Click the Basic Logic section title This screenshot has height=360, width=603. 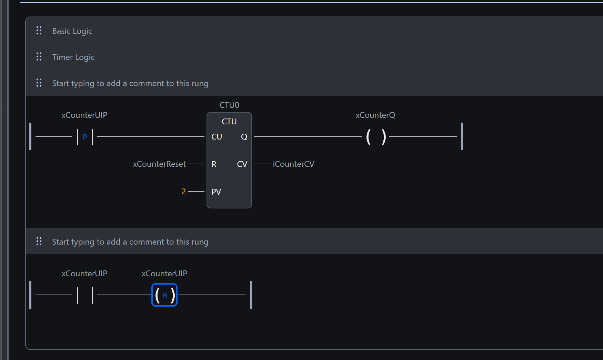pos(72,31)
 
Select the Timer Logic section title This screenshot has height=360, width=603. pos(73,57)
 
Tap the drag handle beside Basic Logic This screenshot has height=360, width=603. pos(39,31)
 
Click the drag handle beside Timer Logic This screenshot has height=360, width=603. pos(39,57)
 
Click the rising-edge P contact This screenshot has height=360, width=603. pos(85,137)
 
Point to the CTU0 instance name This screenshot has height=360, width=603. pos(229,105)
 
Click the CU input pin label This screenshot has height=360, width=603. pos(217,137)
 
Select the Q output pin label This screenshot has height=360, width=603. pos(244,137)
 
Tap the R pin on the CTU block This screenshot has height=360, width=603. pos(214,164)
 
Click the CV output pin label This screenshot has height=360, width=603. pos(242,164)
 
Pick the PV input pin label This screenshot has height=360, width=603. pos(216,192)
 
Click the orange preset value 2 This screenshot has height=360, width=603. pos(184,192)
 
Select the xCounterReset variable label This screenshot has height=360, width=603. pos(159,164)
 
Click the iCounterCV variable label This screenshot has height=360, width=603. pos(293,164)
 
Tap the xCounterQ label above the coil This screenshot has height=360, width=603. pos(375,115)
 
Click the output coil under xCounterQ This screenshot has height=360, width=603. pos(376,137)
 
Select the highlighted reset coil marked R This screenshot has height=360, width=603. pos(164,295)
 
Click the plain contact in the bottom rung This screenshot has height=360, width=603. pos(85,295)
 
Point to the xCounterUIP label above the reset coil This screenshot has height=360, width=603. pos(164,274)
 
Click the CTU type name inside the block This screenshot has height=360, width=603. pos(229,122)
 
